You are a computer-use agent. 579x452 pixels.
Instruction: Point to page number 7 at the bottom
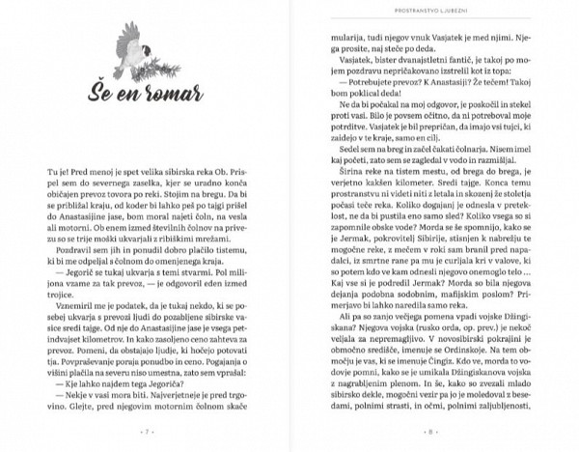[x=145, y=428]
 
